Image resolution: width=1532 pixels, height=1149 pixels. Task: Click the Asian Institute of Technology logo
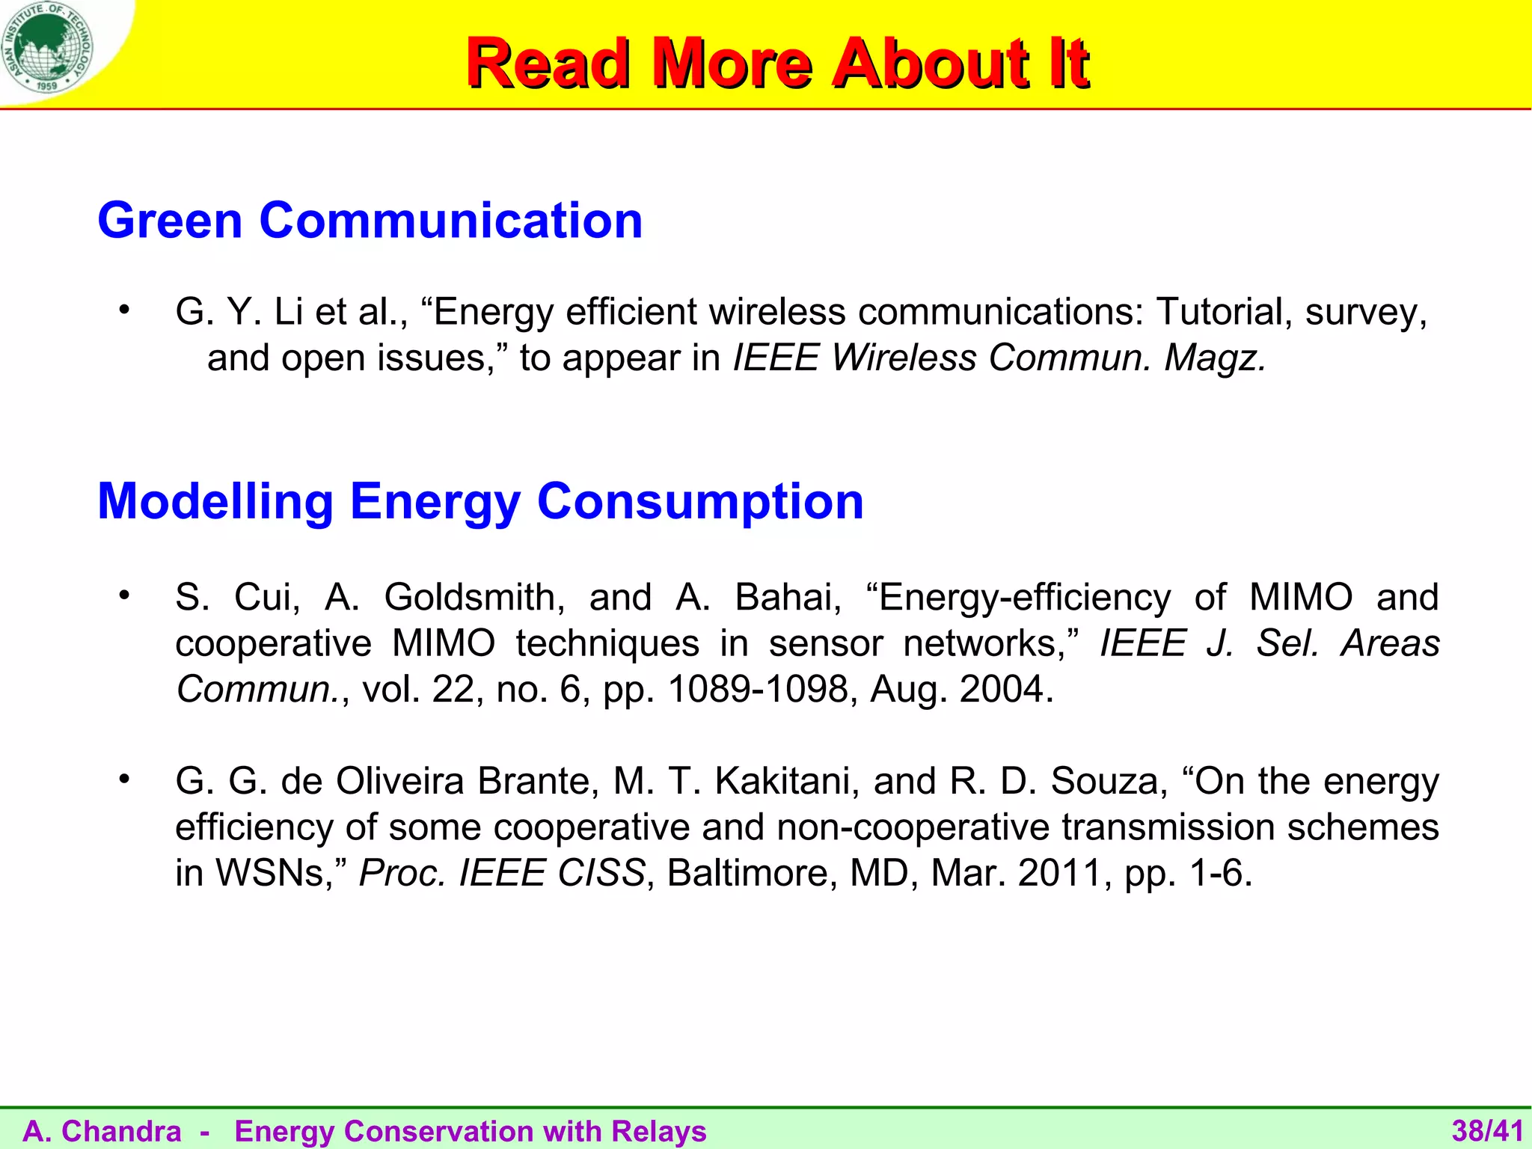click(x=48, y=48)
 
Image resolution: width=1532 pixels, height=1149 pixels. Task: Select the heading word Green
click(x=170, y=221)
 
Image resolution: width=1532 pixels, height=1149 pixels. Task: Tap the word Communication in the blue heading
click(x=450, y=221)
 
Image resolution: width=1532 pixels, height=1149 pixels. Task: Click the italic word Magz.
click(x=1215, y=358)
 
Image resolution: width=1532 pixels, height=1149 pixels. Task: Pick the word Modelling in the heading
click(x=215, y=501)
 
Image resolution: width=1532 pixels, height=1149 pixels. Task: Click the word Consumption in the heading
click(x=700, y=501)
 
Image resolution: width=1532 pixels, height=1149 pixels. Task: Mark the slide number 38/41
click(x=1487, y=1131)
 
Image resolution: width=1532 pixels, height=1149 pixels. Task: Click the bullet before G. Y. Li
click(x=124, y=309)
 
